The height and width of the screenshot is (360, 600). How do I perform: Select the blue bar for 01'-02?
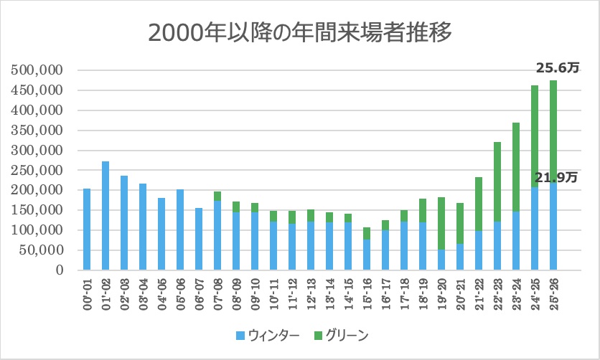[x=106, y=216]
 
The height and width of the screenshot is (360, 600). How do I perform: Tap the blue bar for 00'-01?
[x=87, y=229]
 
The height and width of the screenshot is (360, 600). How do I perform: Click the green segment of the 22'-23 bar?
[x=497, y=182]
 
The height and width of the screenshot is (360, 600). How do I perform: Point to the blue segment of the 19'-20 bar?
[x=441, y=260]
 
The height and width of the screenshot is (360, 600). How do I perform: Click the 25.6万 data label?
[x=557, y=69]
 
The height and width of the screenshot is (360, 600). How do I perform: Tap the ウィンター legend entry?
[x=265, y=334]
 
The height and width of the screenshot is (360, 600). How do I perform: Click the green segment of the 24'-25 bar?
[x=535, y=136]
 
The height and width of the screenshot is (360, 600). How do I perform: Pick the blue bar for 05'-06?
[x=180, y=230]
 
